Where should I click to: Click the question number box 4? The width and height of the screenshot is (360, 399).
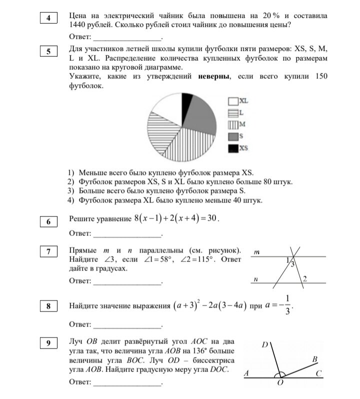(x=48, y=18)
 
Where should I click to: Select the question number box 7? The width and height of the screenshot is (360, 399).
(x=48, y=251)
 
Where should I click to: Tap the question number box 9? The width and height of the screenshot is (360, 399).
(x=48, y=343)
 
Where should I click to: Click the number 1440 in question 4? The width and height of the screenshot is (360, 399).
(x=78, y=24)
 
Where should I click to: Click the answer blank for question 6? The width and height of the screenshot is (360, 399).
(x=127, y=234)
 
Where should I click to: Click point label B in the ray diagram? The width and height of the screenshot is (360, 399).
(x=314, y=359)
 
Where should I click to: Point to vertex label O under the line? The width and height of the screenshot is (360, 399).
(x=280, y=383)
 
